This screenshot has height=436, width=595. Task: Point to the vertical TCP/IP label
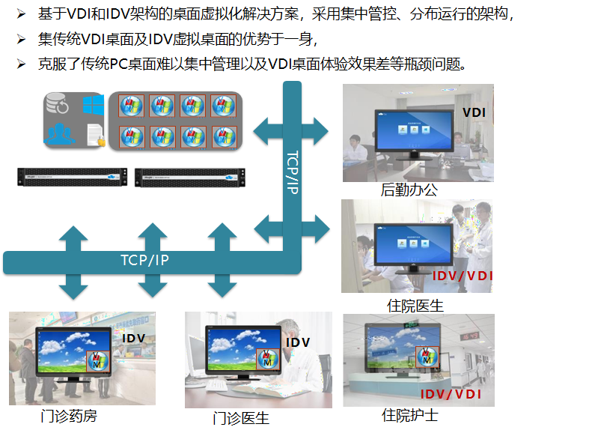coord(293,173)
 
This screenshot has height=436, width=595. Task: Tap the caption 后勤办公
coord(409,190)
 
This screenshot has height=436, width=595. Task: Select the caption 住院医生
coord(415,305)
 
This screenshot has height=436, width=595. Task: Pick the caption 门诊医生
coord(241,418)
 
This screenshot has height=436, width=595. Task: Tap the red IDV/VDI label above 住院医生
coord(463,276)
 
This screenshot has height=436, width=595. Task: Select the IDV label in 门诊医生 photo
coord(298,342)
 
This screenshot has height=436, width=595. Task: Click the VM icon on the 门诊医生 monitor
coord(266,358)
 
